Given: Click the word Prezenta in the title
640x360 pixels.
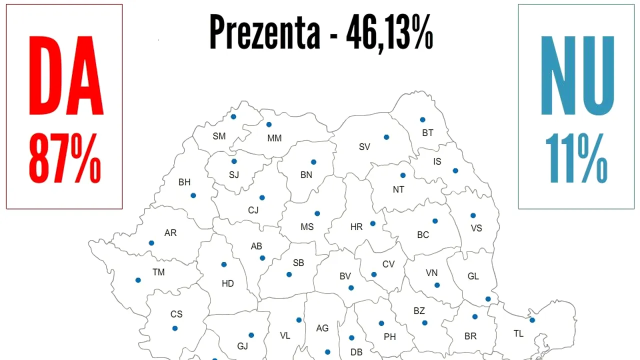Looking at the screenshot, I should coord(265,31).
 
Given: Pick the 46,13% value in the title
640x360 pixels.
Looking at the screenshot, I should coord(389,31).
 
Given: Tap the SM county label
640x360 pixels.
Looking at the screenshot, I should coord(219,136).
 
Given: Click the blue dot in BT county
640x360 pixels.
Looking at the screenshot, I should coord(422,119).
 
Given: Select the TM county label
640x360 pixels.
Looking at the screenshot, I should coord(158,272).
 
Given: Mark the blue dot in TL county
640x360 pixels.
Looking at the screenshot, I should coord(532,320).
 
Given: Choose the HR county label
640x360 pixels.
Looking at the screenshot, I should coord(356,227).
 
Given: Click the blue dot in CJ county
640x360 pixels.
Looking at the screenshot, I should coord(262,197).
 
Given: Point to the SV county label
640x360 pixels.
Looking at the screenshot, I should coord(364,147).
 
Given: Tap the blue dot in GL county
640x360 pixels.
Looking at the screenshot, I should coord(488,299).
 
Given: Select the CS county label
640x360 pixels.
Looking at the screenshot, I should coord(176,314).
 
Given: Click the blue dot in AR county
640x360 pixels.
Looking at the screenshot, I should coord(151,243).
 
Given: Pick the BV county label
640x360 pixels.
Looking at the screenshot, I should coord(345,276).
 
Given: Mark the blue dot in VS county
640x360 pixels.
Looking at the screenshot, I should coord(473,215).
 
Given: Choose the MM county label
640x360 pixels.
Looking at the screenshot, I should coord(274,138).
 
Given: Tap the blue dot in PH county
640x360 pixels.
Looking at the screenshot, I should coord(381,323).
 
